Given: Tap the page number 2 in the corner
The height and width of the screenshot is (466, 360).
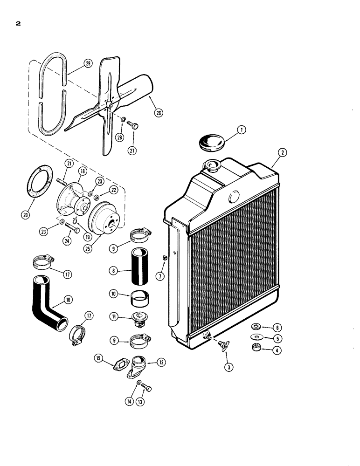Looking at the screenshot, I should pyautogui.click(x=18, y=24).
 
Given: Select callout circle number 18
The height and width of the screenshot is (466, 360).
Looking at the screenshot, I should pyautogui.click(x=83, y=171).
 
